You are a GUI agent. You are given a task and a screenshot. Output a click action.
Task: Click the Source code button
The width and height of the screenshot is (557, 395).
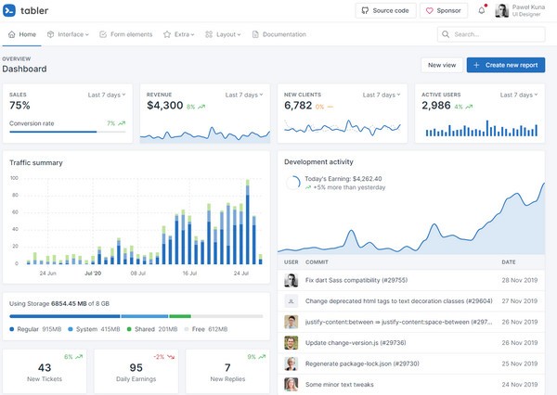(384, 10)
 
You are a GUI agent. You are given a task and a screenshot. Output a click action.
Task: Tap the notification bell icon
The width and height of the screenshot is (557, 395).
(481, 10)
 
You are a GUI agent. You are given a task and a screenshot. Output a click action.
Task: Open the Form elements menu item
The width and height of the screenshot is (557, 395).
(128, 34)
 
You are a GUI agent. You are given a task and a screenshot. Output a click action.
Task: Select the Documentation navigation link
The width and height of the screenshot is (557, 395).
(278, 34)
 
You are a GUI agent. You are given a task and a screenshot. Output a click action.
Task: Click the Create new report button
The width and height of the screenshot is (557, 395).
(506, 65)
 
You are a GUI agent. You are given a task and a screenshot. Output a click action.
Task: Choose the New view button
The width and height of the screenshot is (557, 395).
(441, 65)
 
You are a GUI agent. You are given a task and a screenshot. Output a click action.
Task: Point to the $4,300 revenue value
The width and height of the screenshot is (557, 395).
(164, 106)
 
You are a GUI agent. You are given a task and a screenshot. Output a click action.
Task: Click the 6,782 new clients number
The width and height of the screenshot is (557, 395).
(298, 106)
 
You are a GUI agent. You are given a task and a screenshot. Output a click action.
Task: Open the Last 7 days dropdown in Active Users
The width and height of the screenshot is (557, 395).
(517, 95)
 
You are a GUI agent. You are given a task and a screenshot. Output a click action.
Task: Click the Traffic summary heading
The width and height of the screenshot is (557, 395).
(36, 163)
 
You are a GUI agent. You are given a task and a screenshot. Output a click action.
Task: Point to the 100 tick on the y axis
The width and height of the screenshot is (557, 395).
(14, 178)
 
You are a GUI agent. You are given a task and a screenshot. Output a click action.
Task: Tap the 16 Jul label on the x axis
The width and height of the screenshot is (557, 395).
(189, 274)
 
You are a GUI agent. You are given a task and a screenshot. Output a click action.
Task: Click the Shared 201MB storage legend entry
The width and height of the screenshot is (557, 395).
(156, 329)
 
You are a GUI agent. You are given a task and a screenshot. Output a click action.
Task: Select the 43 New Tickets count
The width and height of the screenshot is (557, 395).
(45, 368)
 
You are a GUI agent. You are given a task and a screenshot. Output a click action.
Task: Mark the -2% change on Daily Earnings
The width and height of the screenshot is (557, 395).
(159, 357)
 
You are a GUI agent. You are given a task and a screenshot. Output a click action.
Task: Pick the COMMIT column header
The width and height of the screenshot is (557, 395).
(317, 262)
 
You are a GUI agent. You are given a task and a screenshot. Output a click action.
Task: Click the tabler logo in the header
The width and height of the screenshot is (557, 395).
(27, 10)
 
